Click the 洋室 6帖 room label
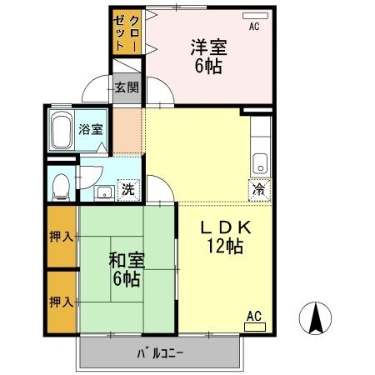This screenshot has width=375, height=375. [209, 56]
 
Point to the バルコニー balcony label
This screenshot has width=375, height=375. [160, 352]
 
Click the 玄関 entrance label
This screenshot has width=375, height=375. [126, 87]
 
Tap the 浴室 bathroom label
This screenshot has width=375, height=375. [90, 129]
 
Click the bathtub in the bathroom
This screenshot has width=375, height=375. [62, 131]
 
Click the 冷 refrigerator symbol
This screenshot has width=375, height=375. [259, 189]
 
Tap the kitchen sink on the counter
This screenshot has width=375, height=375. [260, 160]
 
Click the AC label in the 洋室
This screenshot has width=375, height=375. [254, 26]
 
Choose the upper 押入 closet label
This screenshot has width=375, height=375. [60, 237]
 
